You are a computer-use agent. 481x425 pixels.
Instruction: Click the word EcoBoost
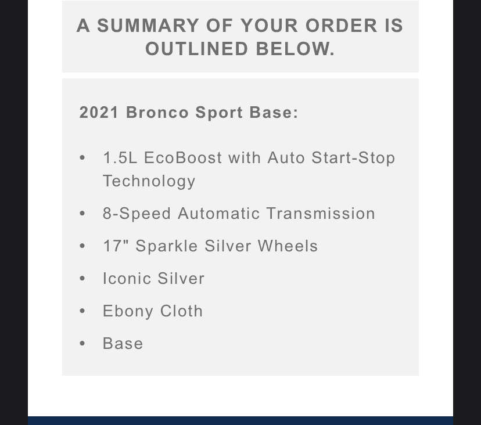[x=183, y=158]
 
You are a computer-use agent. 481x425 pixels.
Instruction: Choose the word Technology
[x=149, y=181]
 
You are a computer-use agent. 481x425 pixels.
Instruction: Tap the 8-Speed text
[x=137, y=214]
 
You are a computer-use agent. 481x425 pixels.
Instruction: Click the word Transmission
[x=321, y=214]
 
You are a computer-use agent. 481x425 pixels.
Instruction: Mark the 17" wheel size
[x=116, y=246]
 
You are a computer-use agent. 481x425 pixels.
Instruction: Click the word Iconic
[x=128, y=279]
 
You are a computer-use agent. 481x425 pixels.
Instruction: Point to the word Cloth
[x=181, y=311]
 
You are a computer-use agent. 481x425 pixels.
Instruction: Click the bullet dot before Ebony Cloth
[x=82, y=311]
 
